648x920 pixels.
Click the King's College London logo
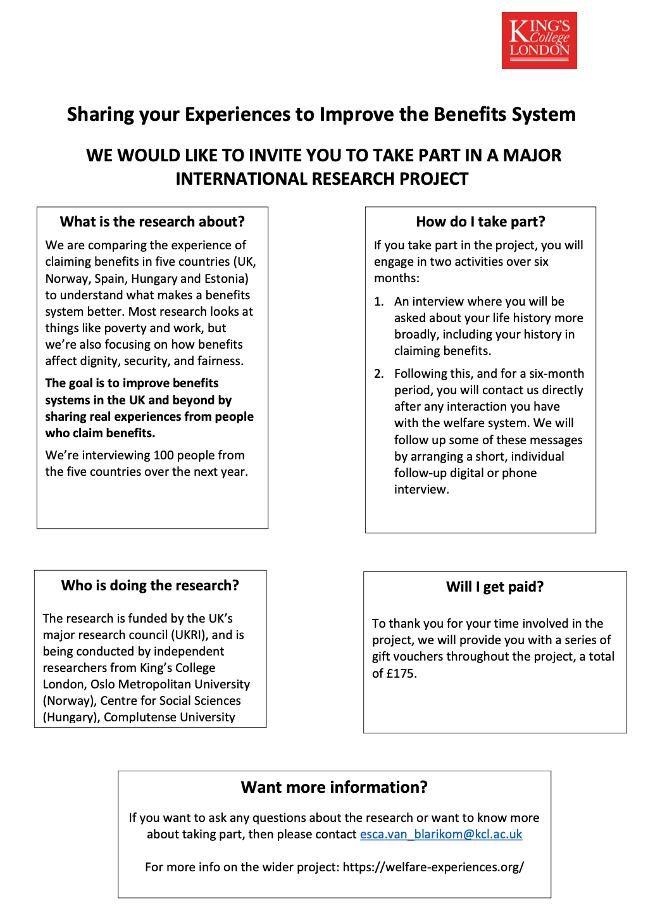(x=539, y=40)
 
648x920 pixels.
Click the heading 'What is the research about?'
(x=152, y=222)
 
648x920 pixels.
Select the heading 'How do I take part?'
(x=480, y=222)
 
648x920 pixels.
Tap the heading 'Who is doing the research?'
(x=150, y=586)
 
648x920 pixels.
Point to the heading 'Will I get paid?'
(x=495, y=587)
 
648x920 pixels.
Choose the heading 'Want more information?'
(x=334, y=788)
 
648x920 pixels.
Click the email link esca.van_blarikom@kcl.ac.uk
(x=441, y=835)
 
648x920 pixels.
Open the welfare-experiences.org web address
(x=433, y=867)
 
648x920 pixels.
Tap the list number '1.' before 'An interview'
(x=379, y=302)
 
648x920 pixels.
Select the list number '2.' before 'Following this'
(x=379, y=374)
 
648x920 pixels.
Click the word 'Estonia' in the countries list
(x=225, y=279)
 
